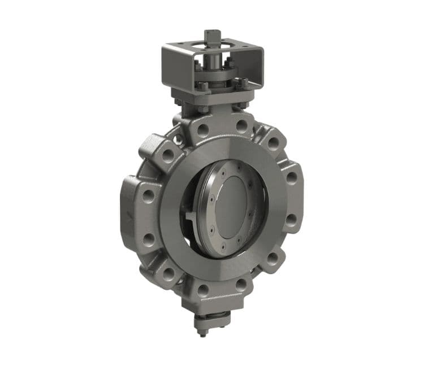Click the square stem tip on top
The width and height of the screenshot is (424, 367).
point(212,37)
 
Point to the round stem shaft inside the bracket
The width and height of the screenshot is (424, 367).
point(213,61)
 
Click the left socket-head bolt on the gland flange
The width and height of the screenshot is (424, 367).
point(202,86)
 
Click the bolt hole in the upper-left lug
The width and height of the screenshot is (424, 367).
point(168,152)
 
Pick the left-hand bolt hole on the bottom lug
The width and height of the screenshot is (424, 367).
point(202,291)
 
